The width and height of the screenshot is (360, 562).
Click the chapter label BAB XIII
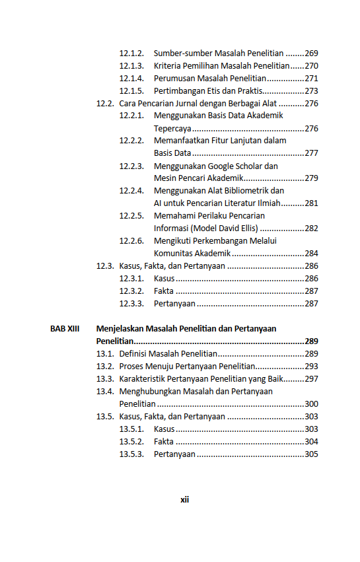pos(65,328)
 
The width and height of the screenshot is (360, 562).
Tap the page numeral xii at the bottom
pos(185,500)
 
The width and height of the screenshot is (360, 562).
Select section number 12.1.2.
pos(131,53)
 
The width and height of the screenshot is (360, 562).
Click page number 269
pos(311,53)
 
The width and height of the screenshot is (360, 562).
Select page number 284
pos(311,254)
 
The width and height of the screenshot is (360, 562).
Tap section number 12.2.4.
pos(131,191)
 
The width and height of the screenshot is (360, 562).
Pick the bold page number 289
pos(311,341)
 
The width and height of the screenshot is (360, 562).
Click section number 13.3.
pos(105,379)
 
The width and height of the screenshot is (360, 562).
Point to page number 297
pos(311,379)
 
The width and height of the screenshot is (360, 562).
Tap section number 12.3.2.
pos(131,291)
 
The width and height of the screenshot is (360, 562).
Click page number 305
pos(311,454)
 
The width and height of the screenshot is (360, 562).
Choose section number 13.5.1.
pos(131,429)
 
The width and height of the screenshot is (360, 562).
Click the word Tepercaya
pos(173,129)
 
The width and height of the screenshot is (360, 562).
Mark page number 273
pos(311,90)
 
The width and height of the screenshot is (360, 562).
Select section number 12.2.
pos(105,104)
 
